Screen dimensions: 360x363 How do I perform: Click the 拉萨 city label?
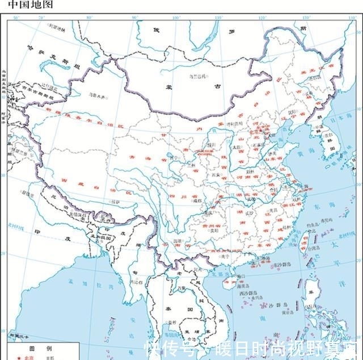pos(116,202)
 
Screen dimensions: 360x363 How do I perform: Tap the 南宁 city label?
pos(226,256)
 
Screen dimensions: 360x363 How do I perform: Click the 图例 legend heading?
pos(40,347)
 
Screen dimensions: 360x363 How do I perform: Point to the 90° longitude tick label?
pos(134,17)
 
